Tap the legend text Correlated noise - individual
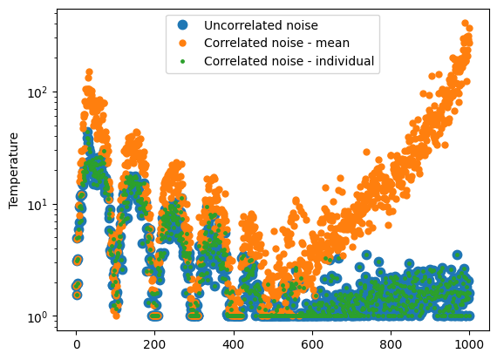click(x=289, y=61)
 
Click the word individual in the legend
click(x=346, y=61)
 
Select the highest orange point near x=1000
click(x=465, y=24)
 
